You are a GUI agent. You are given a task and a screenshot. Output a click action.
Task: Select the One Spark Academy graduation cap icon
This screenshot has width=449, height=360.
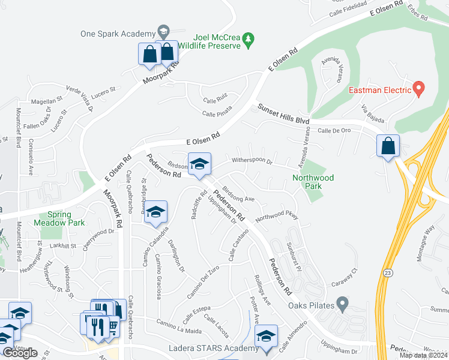[x=163, y=31]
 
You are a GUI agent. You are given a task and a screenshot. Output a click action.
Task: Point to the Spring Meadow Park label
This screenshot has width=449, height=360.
[x=63, y=219]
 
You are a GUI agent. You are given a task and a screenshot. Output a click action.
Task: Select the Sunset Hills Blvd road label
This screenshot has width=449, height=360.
[x=283, y=113]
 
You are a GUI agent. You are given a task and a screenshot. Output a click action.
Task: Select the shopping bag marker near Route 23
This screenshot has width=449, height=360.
[x=388, y=146]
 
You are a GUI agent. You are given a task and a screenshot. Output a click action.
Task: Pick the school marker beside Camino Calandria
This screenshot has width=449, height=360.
[x=155, y=212]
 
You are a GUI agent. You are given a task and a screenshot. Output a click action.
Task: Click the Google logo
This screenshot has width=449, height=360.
[x=20, y=353]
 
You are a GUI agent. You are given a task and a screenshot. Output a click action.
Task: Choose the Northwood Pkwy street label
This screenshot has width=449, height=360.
[x=277, y=217]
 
